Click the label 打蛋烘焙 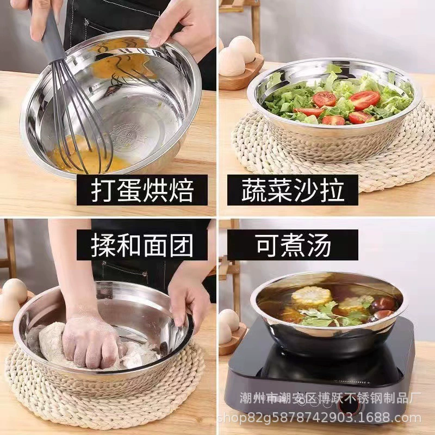(142, 190)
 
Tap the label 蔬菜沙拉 (293, 190)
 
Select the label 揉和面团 (142, 245)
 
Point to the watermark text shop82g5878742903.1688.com (319, 418)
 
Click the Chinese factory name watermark (330, 398)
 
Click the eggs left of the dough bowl (13, 300)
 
